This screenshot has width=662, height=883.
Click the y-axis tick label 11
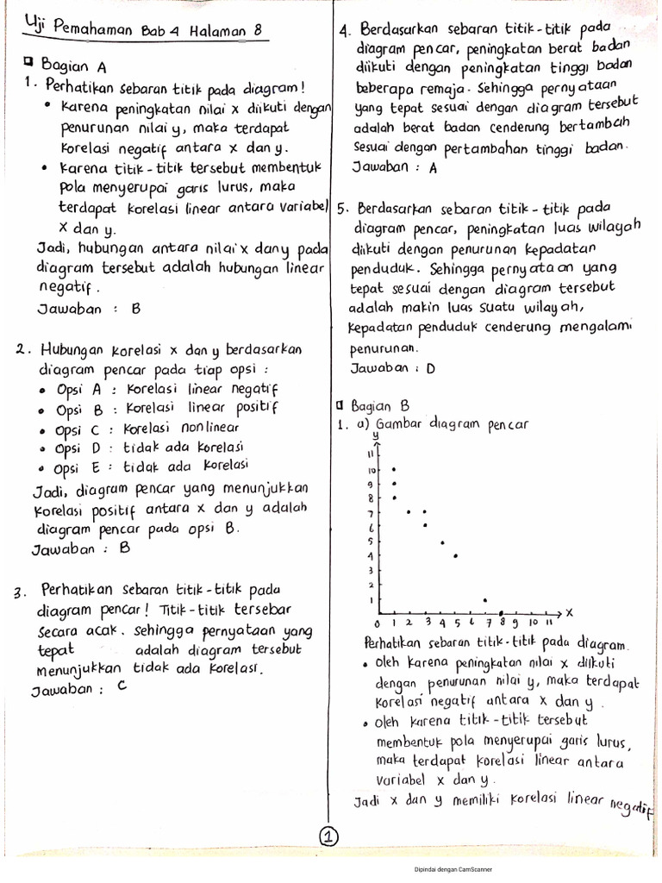click(372, 454)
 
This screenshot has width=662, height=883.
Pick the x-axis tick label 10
click(534, 622)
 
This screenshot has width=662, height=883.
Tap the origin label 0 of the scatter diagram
click(377, 623)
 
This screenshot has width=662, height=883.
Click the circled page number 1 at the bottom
click(330, 836)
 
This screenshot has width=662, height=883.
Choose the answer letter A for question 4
click(434, 168)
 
